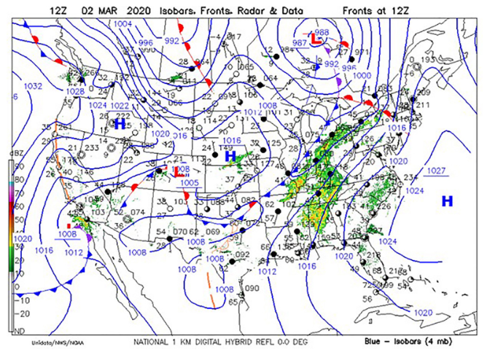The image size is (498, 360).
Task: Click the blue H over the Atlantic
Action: point(446,200)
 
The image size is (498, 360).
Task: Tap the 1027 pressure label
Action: point(435,171)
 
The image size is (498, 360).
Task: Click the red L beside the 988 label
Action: point(316,39)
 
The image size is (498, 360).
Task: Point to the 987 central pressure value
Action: point(299,44)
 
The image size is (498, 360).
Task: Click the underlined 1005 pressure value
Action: point(189,182)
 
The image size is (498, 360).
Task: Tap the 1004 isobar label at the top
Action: point(123,24)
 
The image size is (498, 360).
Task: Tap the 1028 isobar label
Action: point(74,91)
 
